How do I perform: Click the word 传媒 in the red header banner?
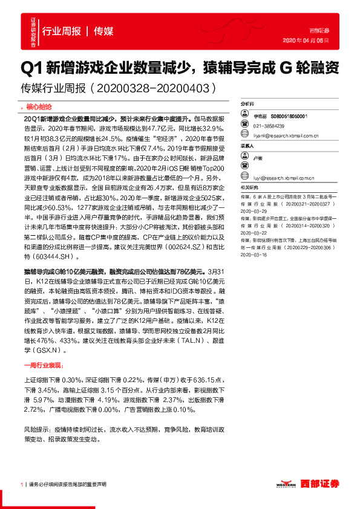[103, 31]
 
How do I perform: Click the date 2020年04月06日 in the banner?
[306, 40]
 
